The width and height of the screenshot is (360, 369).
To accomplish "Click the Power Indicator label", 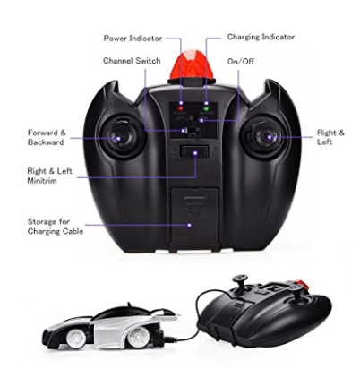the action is [x=133, y=39].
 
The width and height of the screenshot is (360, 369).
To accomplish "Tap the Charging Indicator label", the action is [x=261, y=37].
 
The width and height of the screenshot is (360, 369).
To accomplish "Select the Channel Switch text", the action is [x=132, y=61].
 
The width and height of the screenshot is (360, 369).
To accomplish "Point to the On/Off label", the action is [x=241, y=62].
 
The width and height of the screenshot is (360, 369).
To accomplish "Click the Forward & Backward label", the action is [x=47, y=137].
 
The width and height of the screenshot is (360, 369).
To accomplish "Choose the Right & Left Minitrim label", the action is [x=49, y=176].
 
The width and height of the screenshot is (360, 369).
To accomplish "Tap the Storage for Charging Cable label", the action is [x=56, y=227].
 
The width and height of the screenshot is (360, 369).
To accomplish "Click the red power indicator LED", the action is [x=181, y=108].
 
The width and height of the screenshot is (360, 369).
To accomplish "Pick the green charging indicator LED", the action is [x=206, y=108].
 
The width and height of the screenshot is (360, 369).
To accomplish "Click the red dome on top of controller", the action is [x=192, y=64].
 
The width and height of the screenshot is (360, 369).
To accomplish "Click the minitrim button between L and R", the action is [x=194, y=151].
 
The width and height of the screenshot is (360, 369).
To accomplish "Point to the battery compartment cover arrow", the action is [x=194, y=206].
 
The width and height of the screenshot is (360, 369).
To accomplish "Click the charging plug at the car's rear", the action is [x=169, y=339].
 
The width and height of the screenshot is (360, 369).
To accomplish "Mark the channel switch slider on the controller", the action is [x=185, y=131].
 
